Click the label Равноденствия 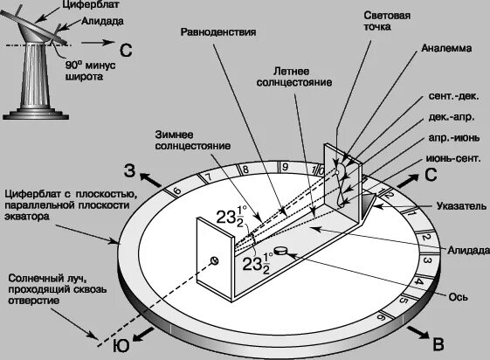click(218, 31)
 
